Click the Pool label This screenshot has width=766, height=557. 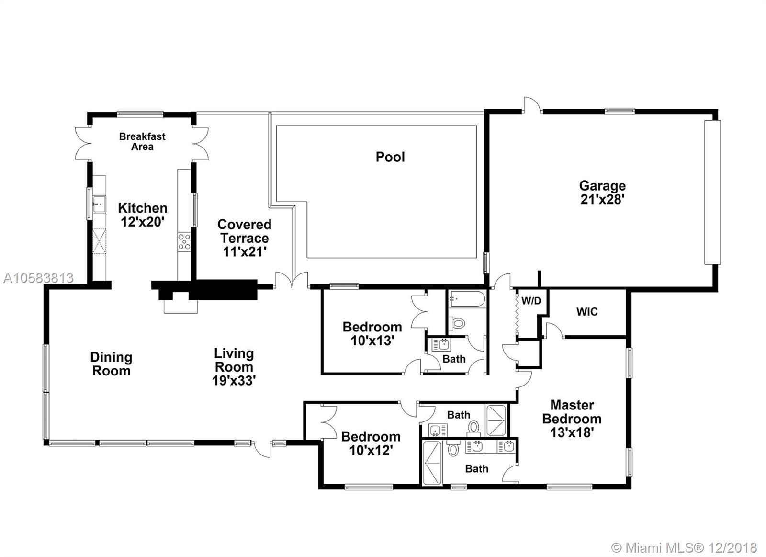pyautogui.click(x=390, y=157)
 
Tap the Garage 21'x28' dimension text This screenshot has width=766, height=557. pyautogui.click(x=602, y=199)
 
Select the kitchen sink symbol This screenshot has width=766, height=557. pyautogui.click(x=99, y=204)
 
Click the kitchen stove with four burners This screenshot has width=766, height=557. pyautogui.click(x=184, y=242)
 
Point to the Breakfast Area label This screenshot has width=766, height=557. pyautogui.click(x=142, y=142)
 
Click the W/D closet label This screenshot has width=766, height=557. pyautogui.click(x=531, y=301)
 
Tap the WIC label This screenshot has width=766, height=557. pyautogui.click(x=587, y=312)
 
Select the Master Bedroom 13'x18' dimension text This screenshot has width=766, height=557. pyautogui.click(x=572, y=432)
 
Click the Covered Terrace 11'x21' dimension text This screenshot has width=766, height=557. pyautogui.click(x=245, y=252)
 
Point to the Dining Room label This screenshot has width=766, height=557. pyautogui.click(x=111, y=364)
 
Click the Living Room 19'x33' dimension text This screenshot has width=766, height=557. pyautogui.click(x=234, y=380)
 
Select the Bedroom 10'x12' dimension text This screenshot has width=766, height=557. pyautogui.click(x=371, y=450)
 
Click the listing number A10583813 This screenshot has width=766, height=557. pyautogui.click(x=38, y=278)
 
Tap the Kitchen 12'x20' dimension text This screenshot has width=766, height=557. pyautogui.click(x=143, y=222)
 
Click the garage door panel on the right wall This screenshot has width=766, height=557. pyautogui.click(x=712, y=192)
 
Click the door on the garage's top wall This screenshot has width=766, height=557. pyautogui.click(x=532, y=105)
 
